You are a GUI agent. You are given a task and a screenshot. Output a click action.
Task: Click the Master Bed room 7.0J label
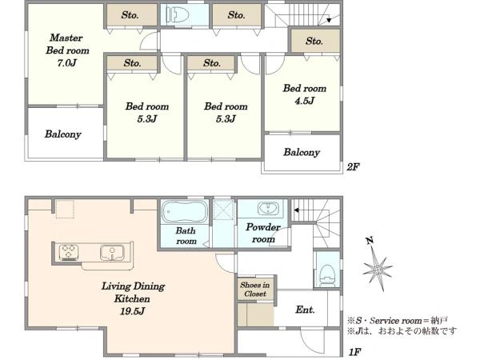tap(67, 50)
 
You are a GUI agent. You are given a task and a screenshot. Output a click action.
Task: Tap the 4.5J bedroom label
tap(305, 94)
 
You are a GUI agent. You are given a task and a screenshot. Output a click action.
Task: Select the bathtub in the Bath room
tap(185, 211)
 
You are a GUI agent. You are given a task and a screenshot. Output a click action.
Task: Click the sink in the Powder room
tap(268, 209)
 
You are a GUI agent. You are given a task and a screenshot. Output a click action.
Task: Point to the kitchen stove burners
tap(69, 253)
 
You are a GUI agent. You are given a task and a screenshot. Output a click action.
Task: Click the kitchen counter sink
tap(112, 253)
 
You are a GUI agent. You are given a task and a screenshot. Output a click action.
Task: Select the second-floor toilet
tap(178, 14)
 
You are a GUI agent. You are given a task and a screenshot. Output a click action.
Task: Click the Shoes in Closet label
tap(255, 290)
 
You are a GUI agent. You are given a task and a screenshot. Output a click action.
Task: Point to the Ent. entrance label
tap(306, 310)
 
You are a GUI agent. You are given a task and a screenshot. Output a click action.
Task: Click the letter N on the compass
tap(370, 242)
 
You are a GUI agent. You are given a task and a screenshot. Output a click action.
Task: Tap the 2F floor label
tap(353, 167)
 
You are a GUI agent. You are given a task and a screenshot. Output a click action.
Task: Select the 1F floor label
tap(355, 352)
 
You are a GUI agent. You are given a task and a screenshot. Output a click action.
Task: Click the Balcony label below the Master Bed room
tap(63, 134)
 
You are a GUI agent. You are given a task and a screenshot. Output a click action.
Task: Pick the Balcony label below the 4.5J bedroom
tap(302, 152)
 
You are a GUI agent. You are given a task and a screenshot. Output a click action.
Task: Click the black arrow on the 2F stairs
tap(329, 20)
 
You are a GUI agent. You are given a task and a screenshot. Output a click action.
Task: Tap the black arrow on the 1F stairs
tap(296, 210)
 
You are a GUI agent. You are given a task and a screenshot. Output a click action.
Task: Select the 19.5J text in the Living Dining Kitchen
tap(132, 311)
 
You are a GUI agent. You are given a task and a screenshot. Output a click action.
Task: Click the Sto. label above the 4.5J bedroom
tap(314, 41)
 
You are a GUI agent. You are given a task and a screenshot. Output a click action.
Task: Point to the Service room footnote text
tap(398, 321)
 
